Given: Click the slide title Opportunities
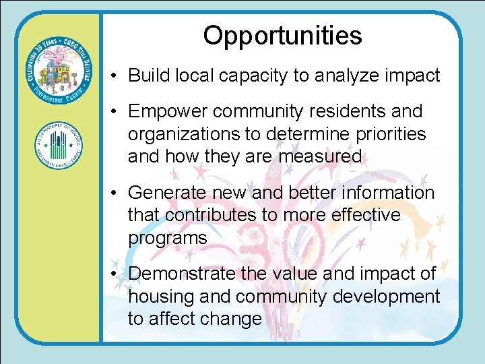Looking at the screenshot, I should pyautogui.click(x=282, y=36).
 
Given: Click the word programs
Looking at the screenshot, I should pyautogui.click(x=168, y=238).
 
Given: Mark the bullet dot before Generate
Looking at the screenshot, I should pyautogui.click(x=117, y=193).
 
